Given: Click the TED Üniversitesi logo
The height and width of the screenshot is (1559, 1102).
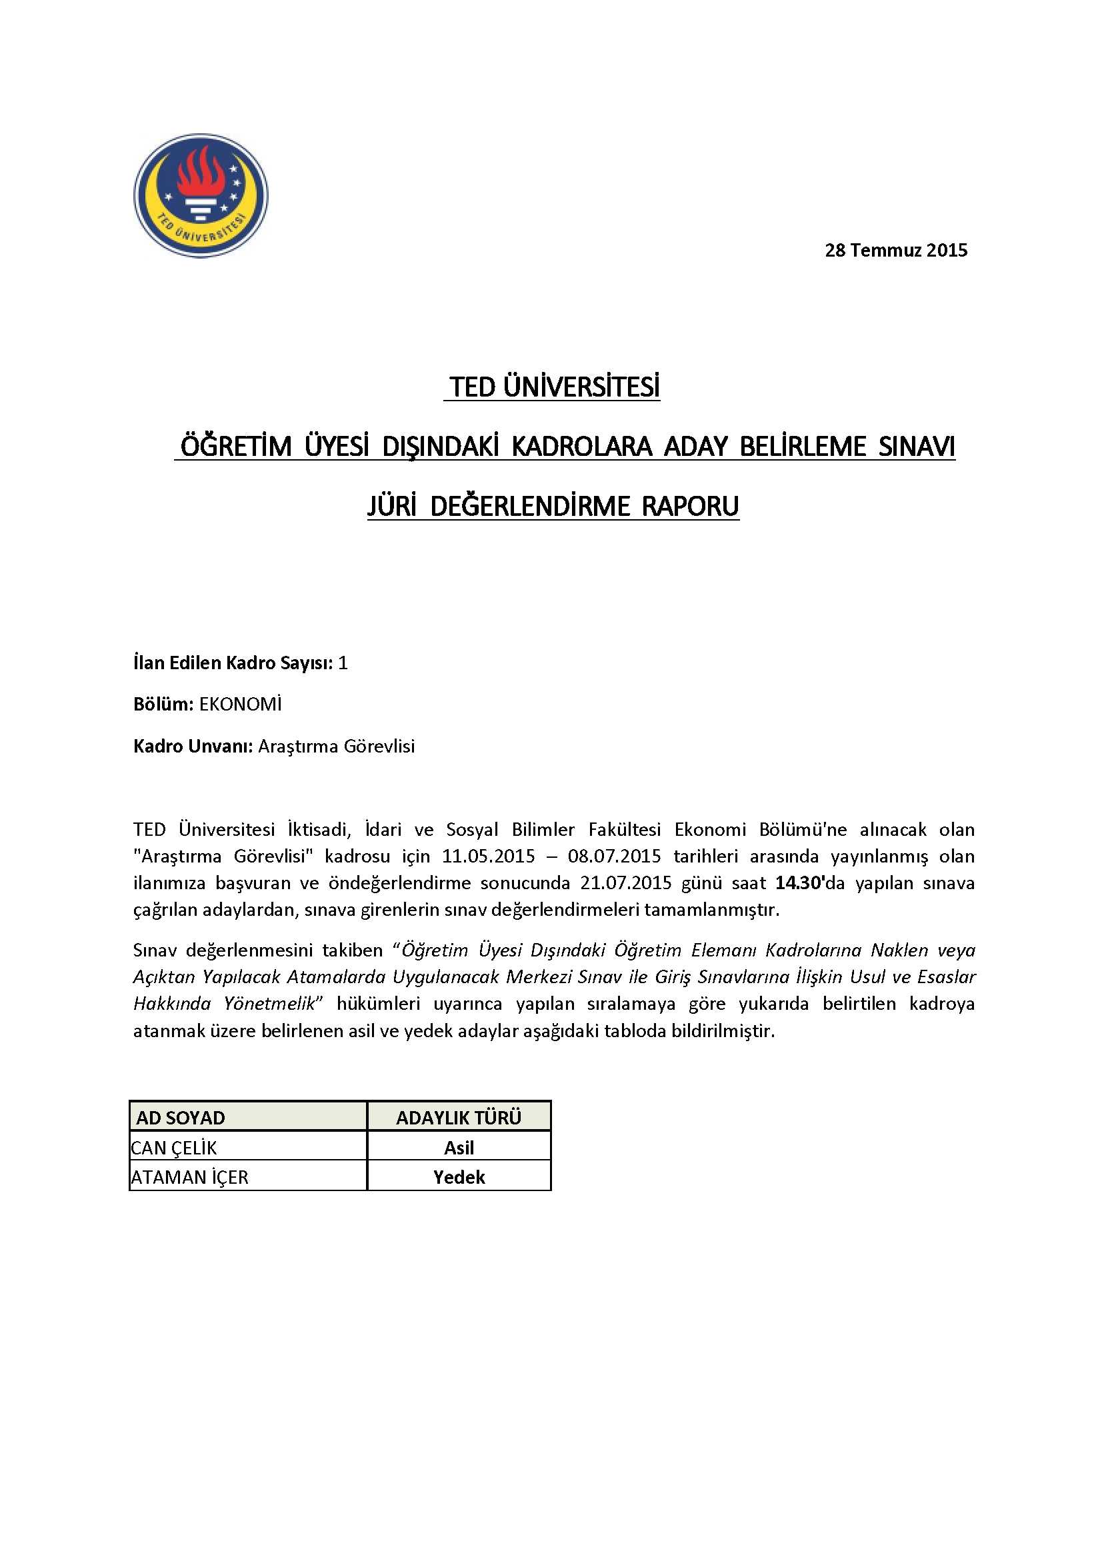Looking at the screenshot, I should click(x=200, y=195).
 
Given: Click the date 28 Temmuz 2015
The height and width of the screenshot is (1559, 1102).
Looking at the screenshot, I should click(x=895, y=251).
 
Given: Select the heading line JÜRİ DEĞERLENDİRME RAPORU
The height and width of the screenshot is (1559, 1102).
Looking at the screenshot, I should click(x=553, y=507).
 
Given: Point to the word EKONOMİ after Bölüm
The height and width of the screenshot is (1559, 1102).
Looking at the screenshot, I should click(x=241, y=705).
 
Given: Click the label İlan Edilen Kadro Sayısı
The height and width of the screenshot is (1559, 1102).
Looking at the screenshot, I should click(x=233, y=663).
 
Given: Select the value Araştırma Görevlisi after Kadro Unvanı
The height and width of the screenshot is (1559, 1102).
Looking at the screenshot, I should click(x=336, y=747).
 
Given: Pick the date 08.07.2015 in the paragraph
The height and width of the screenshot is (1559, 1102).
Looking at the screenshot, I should click(x=615, y=856).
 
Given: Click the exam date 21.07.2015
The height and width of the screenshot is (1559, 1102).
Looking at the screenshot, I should click(x=625, y=883).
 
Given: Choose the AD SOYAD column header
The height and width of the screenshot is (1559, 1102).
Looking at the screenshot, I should click(x=181, y=1118).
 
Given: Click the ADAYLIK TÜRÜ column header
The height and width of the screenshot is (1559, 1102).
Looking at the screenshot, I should click(x=458, y=1118).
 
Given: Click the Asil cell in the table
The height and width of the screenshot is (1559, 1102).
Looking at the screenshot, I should click(x=459, y=1148).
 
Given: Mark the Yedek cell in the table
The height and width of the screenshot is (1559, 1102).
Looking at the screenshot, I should click(x=459, y=1177).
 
